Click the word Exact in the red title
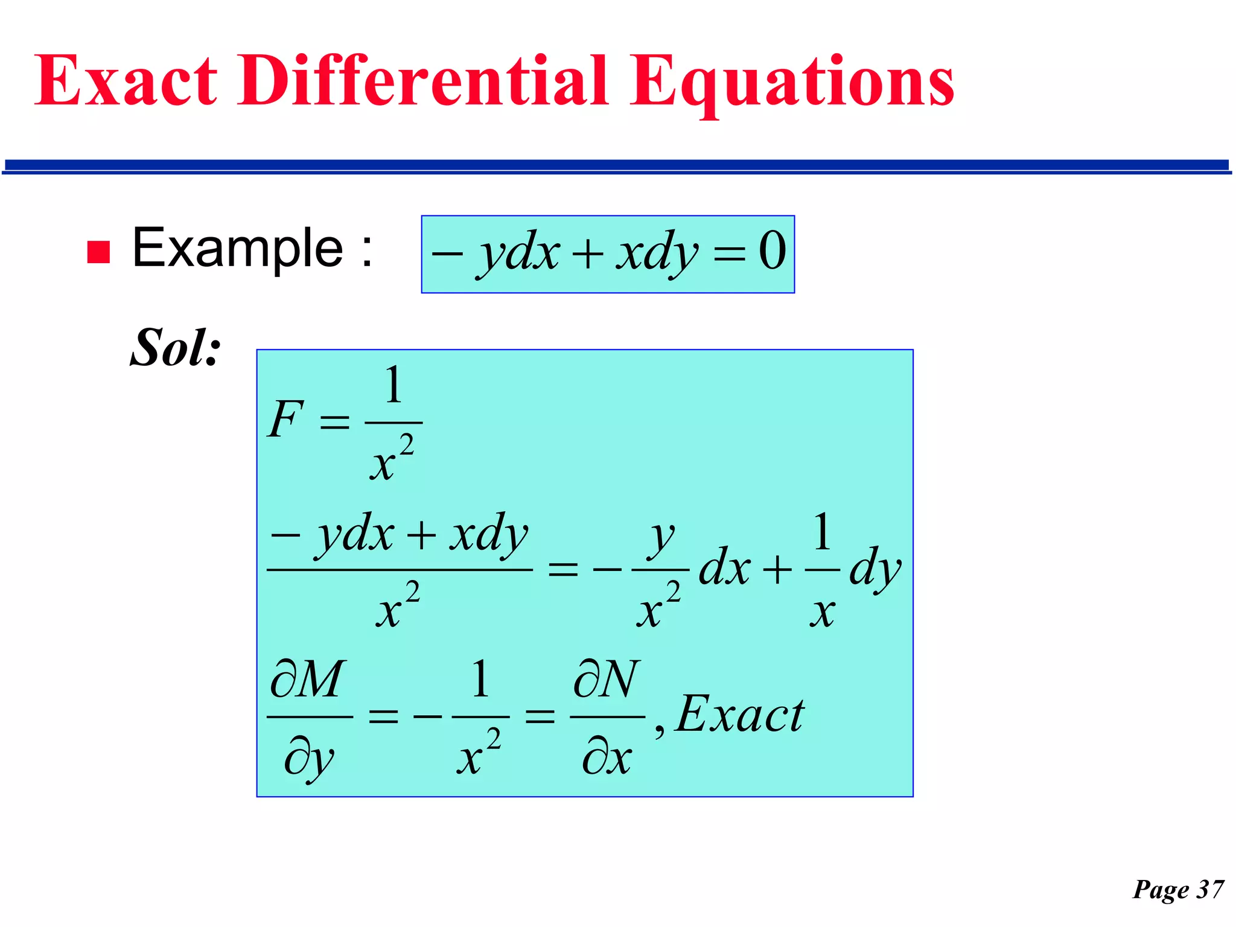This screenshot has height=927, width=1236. point(126,81)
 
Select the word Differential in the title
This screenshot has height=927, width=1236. point(422,81)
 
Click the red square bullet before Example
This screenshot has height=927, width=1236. point(98,252)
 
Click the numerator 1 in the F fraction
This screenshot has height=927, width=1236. point(393,385)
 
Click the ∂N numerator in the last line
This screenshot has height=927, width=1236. point(607,679)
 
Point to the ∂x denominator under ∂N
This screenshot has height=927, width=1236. point(607,757)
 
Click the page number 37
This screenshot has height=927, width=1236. point(1211,889)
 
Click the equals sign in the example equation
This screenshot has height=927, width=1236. point(729,253)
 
